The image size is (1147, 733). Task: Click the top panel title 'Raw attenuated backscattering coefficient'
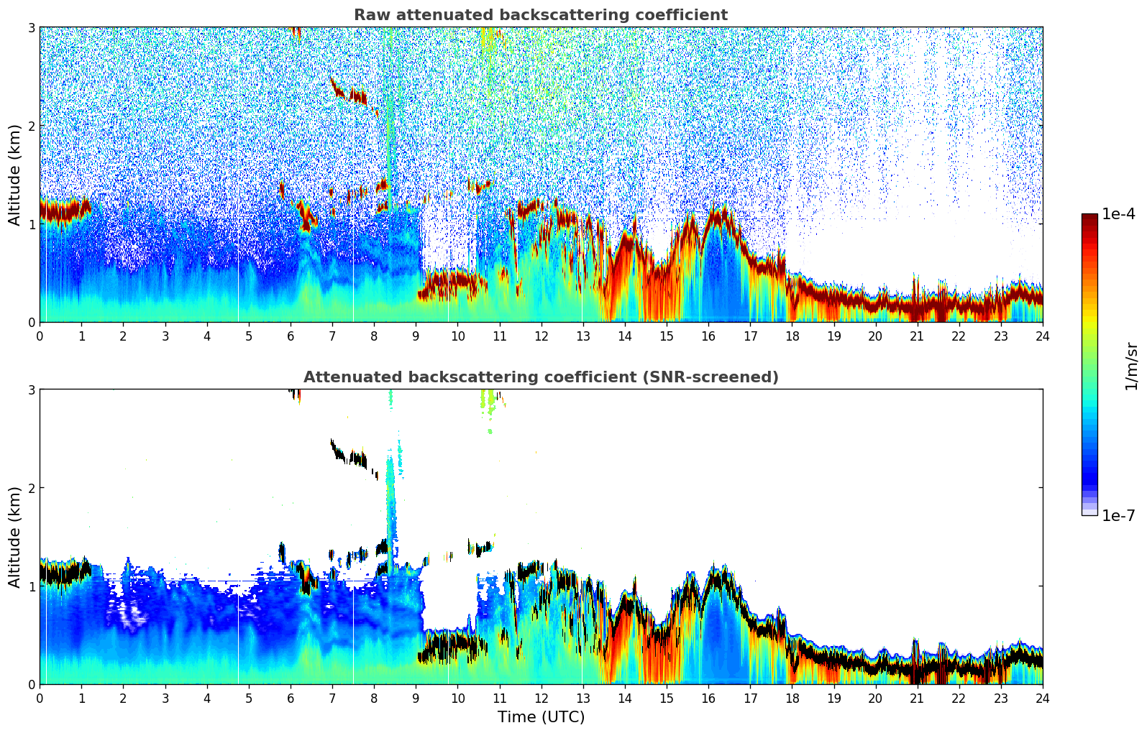click(x=540, y=15)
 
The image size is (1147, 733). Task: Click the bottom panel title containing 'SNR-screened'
click(x=540, y=377)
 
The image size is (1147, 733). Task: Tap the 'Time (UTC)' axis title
click(x=541, y=716)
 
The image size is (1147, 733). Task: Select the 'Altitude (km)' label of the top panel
click(x=14, y=175)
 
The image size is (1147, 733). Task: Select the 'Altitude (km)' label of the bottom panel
click(x=14, y=537)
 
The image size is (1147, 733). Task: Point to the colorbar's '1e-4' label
click(x=1118, y=214)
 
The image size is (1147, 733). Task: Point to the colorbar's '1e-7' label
click(x=1118, y=515)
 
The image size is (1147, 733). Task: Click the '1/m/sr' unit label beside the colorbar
click(x=1131, y=366)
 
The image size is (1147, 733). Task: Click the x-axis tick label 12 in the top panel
click(x=541, y=336)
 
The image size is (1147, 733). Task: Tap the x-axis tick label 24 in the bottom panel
click(x=1042, y=699)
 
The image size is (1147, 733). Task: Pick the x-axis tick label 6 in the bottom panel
click(x=291, y=699)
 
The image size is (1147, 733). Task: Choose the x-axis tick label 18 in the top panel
click(x=792, y=336)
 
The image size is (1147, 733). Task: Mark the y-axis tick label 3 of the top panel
click(x=32, y=27)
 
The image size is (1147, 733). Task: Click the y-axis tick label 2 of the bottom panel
click(x=32, y=488)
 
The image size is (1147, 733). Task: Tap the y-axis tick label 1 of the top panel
click(x=32, y=224)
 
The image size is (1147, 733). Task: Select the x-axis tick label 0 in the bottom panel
click(x=40, y=699)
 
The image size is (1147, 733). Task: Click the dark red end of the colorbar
click(x=1089, y=219)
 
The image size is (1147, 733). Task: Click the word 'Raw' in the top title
click(x=368, y=15)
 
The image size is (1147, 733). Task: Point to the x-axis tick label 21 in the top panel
click(x=917, y=336)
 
